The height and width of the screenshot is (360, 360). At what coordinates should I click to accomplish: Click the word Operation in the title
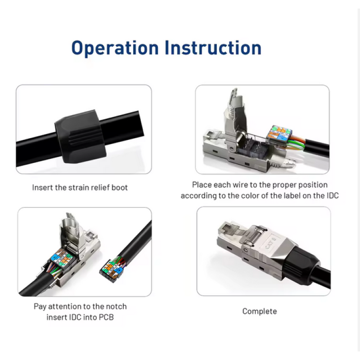(115, 48)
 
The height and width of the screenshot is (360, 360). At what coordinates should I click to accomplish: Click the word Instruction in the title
(213, 48)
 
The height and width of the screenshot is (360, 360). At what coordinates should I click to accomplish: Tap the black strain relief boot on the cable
(81, 137)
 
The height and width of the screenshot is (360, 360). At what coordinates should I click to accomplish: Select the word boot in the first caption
(119, 188)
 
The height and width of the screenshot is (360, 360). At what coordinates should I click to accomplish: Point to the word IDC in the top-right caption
(333, 196)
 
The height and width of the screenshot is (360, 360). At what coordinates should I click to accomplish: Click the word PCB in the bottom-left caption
(106, 317)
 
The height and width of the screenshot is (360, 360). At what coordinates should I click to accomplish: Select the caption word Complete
(260, 311)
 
